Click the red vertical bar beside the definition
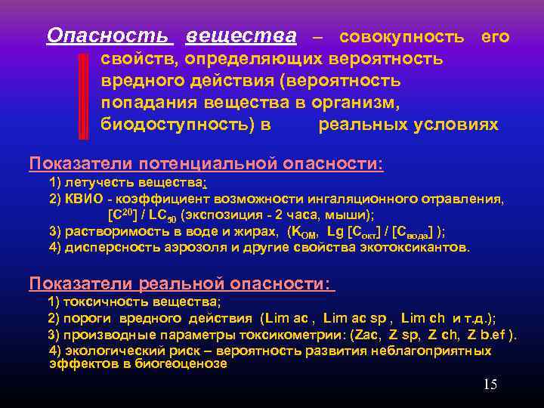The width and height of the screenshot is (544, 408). (83, 97)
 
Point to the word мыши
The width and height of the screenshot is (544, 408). (329, 215)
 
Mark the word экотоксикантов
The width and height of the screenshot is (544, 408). (422, 247)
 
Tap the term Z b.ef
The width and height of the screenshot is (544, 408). (490, 335)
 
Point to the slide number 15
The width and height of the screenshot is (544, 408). (490, 385)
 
